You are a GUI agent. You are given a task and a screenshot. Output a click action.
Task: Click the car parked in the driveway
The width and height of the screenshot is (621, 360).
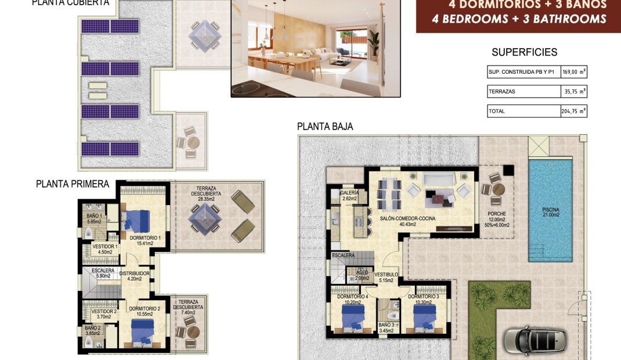pos(535,340)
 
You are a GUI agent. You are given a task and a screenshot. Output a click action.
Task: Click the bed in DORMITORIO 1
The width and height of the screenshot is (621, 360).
pos(137,219)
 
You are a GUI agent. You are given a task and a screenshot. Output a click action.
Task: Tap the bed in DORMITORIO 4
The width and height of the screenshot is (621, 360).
pos(353,317)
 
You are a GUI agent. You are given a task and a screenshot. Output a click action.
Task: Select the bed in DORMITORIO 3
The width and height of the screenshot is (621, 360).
pos(424,317)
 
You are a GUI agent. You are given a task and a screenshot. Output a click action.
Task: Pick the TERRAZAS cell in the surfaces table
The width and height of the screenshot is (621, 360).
pos(501,92)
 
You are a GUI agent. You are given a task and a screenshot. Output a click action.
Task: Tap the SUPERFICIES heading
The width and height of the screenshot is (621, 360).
pos(524,52)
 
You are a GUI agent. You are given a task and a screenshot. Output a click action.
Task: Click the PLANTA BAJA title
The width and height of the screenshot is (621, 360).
pos(325,126)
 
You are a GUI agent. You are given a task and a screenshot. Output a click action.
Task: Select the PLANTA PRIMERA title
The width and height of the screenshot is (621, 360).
pos(73,184)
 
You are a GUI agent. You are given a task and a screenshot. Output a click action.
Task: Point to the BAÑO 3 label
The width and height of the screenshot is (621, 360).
pos(386,327)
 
